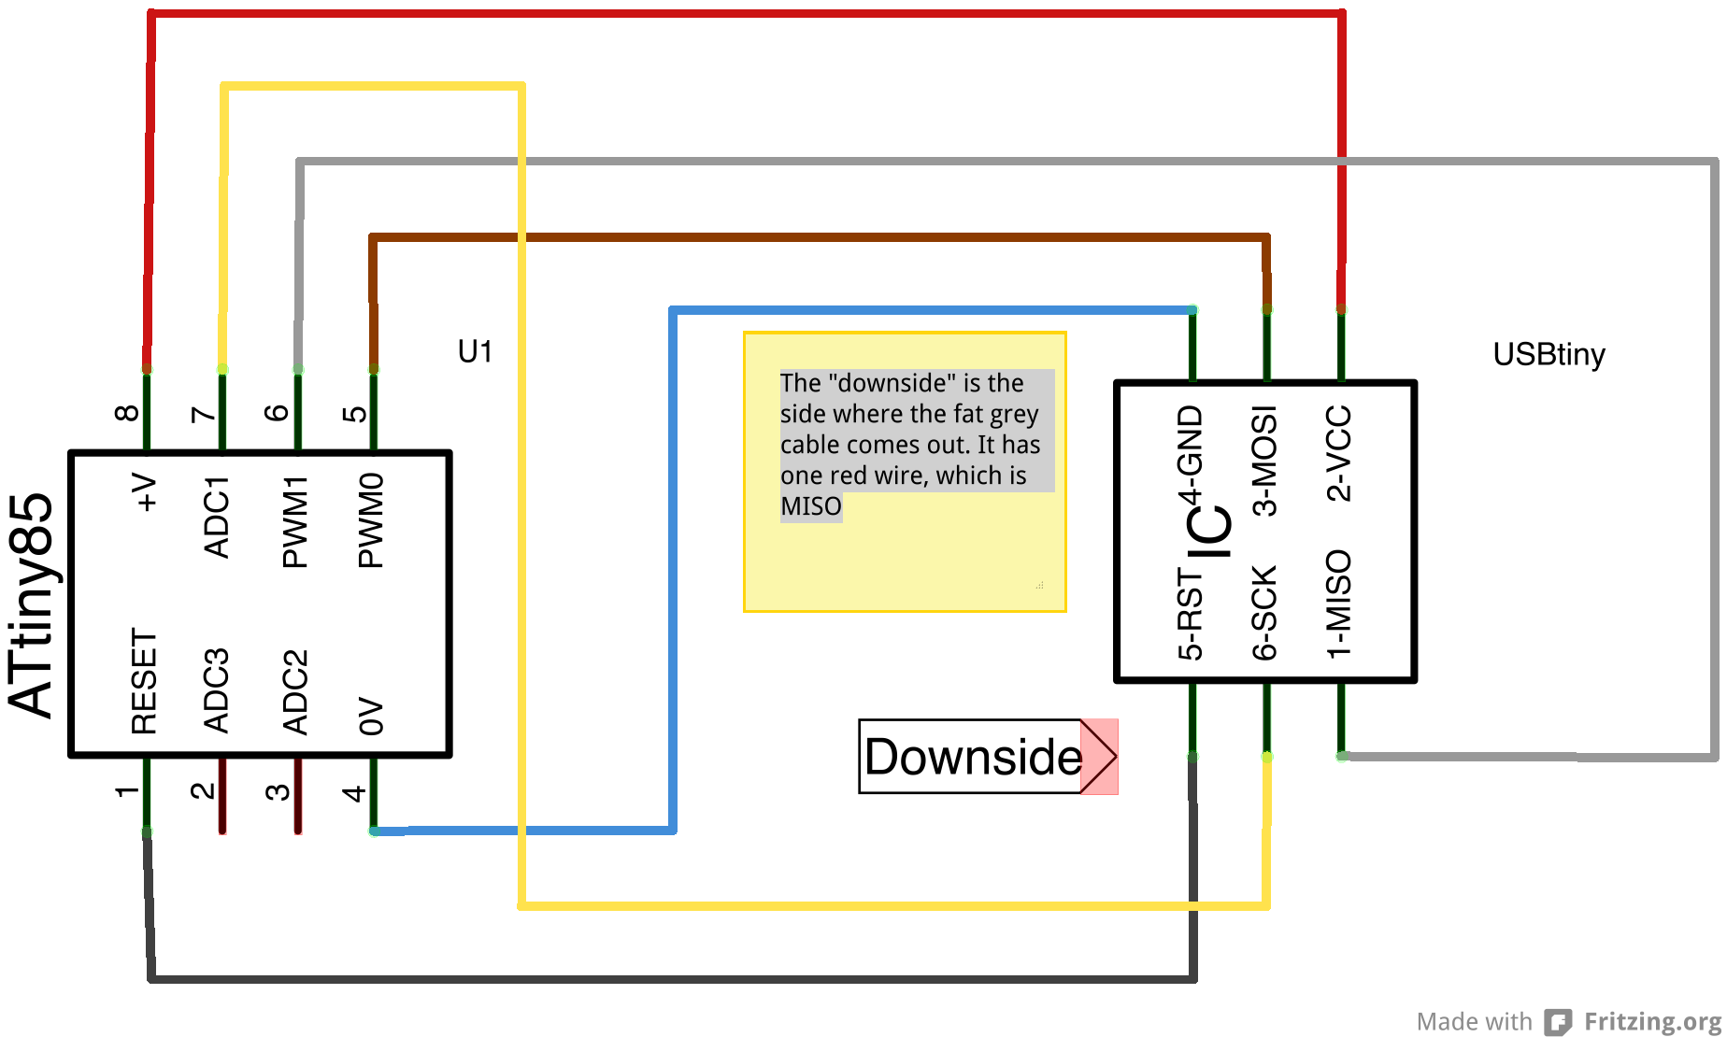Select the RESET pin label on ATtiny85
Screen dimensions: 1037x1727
coord(144,681)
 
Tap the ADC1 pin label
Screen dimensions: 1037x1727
coord(217,517)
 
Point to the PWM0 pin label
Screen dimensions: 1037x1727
coord(371,519)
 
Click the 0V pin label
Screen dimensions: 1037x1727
coord(371,716)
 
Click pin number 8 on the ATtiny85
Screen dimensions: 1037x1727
coord(127,412)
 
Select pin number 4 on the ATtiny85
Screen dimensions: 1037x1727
coord(354,793)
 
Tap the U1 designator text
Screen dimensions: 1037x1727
coord(475,352)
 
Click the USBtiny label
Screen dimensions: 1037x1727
coord(1549,355)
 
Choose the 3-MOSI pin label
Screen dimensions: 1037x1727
coord(1264,461)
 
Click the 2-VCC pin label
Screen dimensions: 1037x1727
coord(1339,453)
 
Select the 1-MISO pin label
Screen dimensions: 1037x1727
coord(1339,604)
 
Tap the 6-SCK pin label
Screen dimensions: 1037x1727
coord(1264,612)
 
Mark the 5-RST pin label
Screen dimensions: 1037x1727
coord(1191,614)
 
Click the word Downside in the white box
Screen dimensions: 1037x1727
coord(972,757)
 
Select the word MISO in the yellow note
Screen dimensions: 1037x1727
coord(810,506)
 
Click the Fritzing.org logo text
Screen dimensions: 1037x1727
coord(1652,1021)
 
